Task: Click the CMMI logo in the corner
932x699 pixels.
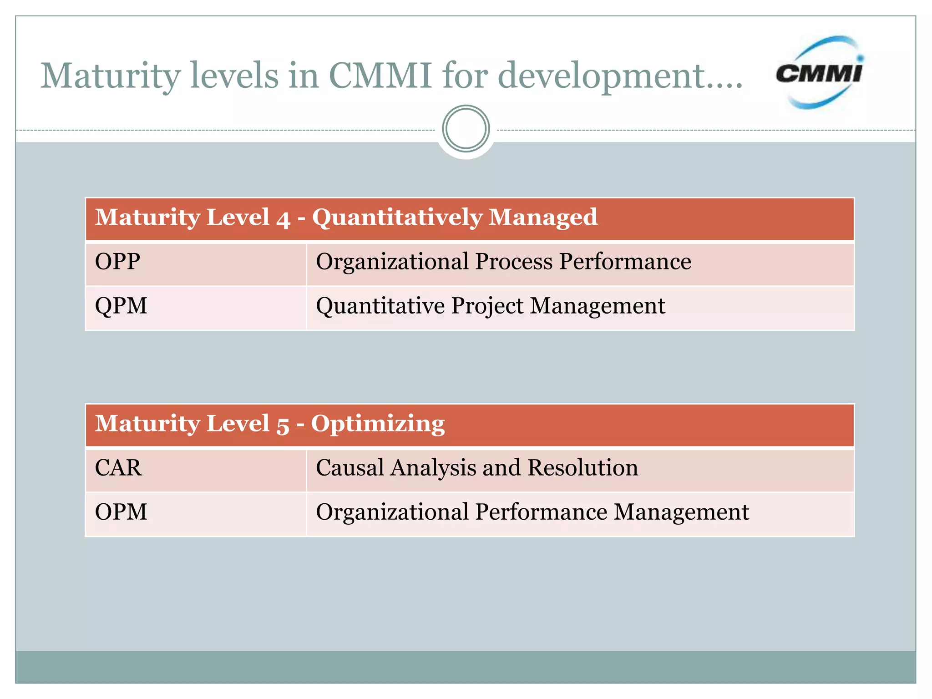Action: tap(819, 73)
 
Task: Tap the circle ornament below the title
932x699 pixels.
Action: tap(466, 129)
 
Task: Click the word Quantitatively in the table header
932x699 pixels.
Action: tap(397, 218)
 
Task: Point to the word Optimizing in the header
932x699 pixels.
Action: tap(378, 424)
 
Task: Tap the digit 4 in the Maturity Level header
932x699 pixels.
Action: tap(283, 219)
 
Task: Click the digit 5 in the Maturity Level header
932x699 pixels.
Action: tap(283, 425)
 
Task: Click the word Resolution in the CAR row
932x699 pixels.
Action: tap(583, 468)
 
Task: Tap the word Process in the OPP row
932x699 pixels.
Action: tap(514, 263)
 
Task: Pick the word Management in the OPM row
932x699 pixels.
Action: tap(681, 513)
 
